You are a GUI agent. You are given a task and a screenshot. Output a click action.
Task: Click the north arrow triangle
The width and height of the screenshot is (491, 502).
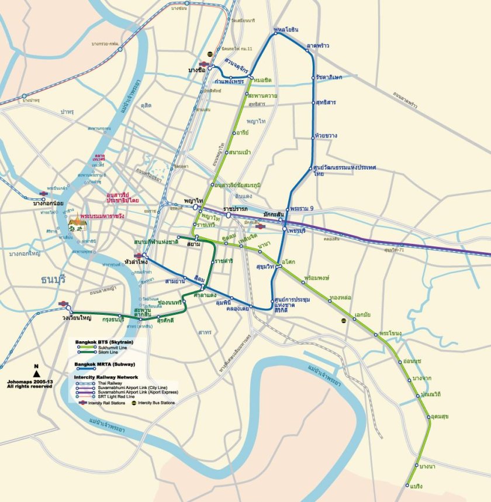click(x=37, y=373)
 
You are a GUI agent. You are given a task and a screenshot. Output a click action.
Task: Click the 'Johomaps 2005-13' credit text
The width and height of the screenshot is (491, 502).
click(x=26, y=382)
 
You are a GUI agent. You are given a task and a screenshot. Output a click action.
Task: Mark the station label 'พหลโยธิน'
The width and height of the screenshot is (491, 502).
click(x=286, y=29)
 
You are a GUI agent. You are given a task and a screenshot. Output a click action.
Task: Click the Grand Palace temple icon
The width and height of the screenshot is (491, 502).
click(x=77, y=223)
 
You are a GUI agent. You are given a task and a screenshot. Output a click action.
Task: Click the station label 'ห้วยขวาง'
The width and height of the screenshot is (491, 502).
click(x=326, y=136)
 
